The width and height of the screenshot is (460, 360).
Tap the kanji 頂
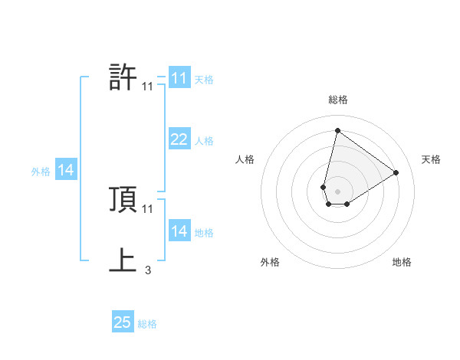click(123, 199)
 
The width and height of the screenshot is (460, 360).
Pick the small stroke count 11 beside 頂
click(148, 208)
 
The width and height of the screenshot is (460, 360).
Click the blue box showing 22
click(179, 139)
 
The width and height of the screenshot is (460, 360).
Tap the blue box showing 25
click(123, 323)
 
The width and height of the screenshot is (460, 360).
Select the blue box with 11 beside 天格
click(179, 78)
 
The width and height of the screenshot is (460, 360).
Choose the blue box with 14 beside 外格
click(66, 170)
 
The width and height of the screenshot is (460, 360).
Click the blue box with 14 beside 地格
click(179, 231)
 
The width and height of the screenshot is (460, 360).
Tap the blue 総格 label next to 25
click(147, 324)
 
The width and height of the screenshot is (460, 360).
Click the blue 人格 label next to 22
click(204, 140)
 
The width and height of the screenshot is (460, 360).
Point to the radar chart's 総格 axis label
click(338, 100)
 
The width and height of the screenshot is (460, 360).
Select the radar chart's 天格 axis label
click(432, 159)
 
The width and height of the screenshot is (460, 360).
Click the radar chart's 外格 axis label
click(270, 262)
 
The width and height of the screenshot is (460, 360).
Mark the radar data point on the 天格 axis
click(396, 172)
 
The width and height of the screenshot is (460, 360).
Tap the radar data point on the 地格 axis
click(347, 204)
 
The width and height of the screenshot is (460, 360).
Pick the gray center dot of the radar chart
click(338, 191)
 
